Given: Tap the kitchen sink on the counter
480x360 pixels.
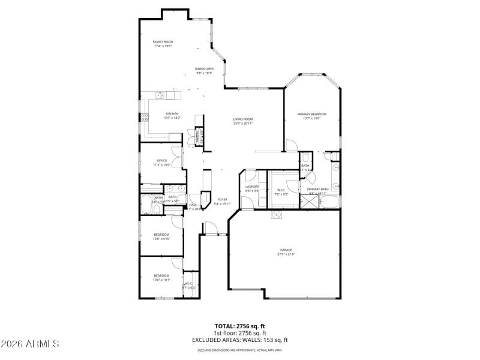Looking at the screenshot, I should [x=161, y=95].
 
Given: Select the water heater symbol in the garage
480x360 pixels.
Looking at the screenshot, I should [x=277, y=214].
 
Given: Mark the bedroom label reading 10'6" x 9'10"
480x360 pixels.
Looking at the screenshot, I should [x=161, y=236].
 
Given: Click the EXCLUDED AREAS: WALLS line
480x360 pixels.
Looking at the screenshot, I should [x=240, y=340].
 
